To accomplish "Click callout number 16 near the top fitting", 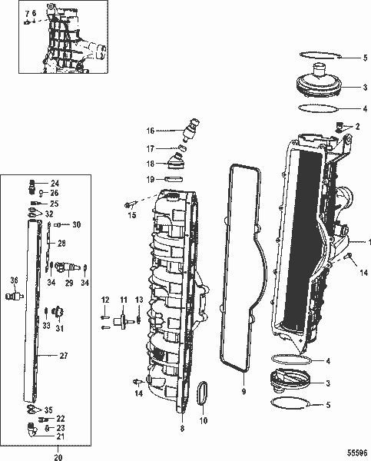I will (151, 131).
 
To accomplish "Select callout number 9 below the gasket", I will (243, 391).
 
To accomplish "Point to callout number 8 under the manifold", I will (181, 428).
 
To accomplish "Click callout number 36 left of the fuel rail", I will (13, 280).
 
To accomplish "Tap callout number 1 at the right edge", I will (368, 241).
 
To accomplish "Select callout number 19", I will (151, 179).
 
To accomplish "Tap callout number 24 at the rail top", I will (55, 183).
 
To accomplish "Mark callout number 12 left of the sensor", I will (104, 299).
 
